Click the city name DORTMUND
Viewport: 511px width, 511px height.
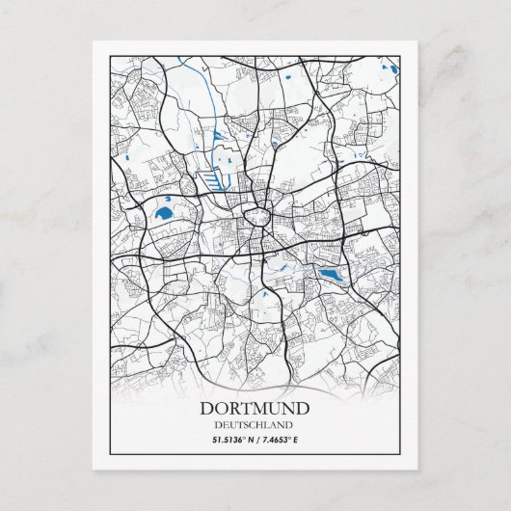pyautogui.click(x=255, y=408)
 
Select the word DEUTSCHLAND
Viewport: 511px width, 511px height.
pyautogui.click(x=255, y=424)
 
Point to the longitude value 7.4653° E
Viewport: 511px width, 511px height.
pyautogui.click(x=281, y=440)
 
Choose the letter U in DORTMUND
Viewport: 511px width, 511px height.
pyautogui.click(x=274, y=408)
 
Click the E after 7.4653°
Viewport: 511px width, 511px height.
pyautogui.click(x=297, y=440)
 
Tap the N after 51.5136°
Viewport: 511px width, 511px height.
pyautogui.click(x=251, y=440)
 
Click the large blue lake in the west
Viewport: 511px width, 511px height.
pyautogui.click(x=164, y=212)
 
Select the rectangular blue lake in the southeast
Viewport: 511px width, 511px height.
pyautogui.click(x=330, y=276)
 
